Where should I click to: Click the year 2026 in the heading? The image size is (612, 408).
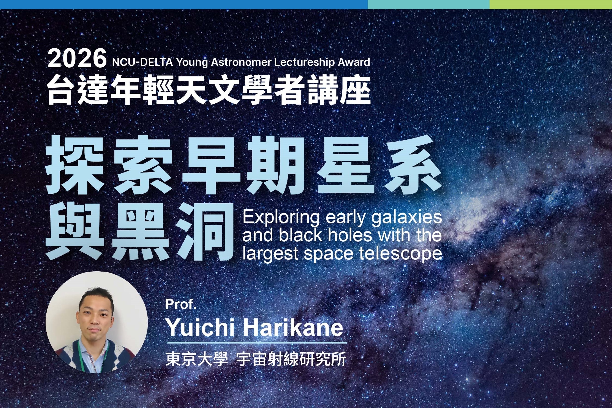click(x=77, y=59)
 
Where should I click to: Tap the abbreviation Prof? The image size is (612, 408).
click(x=181, y=304)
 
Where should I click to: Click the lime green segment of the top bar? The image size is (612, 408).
click(x=551, y=4)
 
